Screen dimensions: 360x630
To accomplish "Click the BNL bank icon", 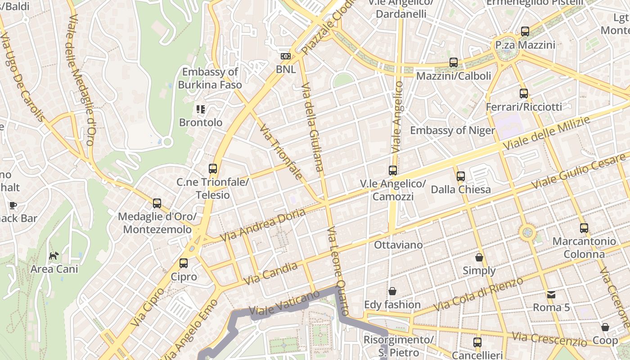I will [285, 56].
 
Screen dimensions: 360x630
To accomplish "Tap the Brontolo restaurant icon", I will [201, 109].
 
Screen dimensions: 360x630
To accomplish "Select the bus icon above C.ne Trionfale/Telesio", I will [213, 169].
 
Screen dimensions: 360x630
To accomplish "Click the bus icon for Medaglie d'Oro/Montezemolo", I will [157, 203].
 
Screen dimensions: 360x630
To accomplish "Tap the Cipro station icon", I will [184, 263].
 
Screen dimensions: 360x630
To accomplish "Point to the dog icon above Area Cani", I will [54, 256].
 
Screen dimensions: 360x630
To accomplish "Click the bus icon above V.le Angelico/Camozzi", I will [393, 171].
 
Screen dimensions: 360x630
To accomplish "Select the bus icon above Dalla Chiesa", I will [461, 176].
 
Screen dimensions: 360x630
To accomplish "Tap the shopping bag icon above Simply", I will [479, 257].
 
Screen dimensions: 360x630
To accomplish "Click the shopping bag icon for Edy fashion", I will [392, 291].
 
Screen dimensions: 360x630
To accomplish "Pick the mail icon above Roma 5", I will [551, 295].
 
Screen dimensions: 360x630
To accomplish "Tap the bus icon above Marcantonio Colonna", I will [584, 228].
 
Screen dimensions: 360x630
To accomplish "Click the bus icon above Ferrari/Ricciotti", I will [524, 94].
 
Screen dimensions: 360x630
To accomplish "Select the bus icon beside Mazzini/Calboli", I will [454, 63].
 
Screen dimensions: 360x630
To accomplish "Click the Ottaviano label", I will [398, 245].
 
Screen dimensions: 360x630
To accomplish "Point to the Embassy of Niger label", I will [452, 130].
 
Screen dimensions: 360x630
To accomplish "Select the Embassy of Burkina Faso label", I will [210, 78].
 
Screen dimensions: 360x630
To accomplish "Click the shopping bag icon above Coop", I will [605, 327].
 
